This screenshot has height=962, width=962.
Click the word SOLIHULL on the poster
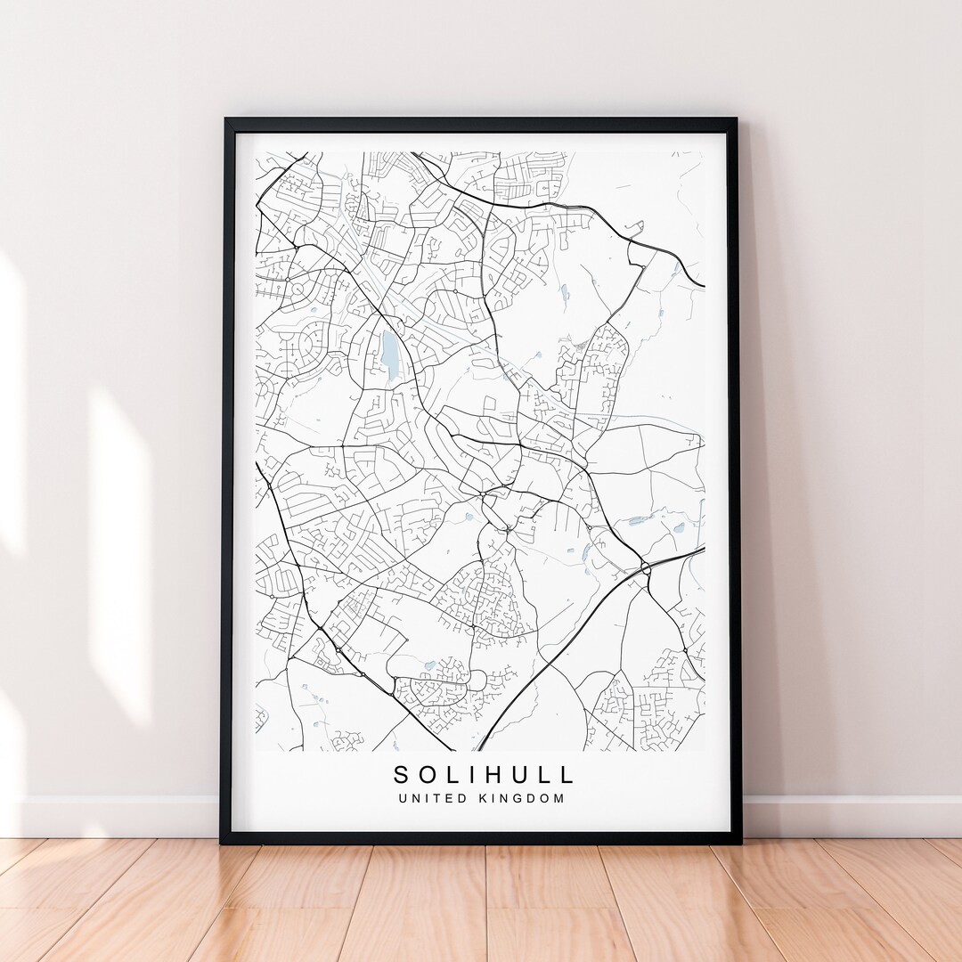[x=485, y=774]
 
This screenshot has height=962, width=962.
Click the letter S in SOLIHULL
[x=402, y=774]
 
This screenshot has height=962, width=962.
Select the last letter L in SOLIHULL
[x=567, y=774]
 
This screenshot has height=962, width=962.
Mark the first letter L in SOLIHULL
[x=453, y=774]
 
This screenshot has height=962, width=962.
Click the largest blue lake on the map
[x=390, y=351]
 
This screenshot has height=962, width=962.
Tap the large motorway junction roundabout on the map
[x=645, y=567]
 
